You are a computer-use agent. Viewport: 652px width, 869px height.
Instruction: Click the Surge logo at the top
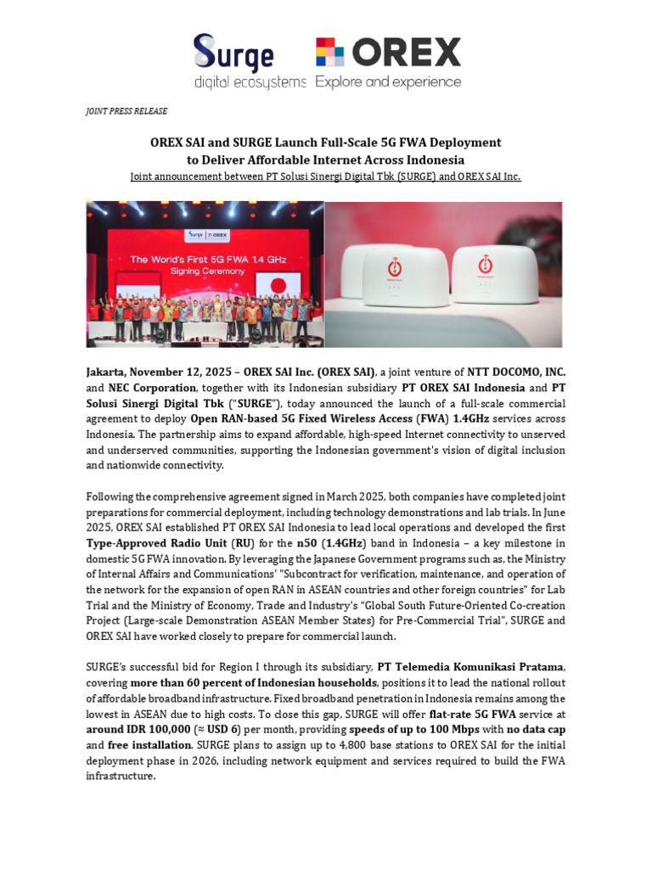click(233, 53)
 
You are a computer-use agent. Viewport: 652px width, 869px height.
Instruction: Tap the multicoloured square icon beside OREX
click(330, 53)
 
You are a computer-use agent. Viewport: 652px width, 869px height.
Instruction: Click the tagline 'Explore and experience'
click(388, 82)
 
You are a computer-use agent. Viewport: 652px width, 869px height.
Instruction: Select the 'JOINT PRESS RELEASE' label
click(126, 111)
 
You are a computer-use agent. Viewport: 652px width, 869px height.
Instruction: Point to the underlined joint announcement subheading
click(325, 176)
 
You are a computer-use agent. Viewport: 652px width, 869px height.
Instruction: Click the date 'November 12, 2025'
click(185, 373)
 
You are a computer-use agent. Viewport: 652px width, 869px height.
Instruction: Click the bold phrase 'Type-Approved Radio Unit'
click(156, 542)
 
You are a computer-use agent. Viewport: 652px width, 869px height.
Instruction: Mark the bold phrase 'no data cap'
click(536, 729)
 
